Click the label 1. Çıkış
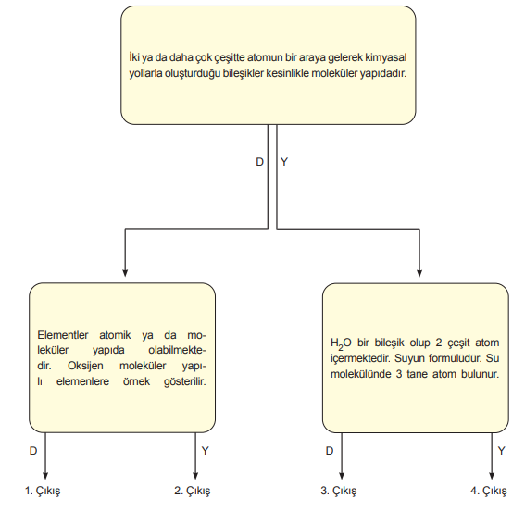coord(43,491)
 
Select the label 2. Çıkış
coord(193,491)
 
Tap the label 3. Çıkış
coord(339,491)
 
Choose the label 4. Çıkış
coord(489,491)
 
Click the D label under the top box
coord(260,162)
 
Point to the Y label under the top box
coord(284,162)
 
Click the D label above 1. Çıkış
coord(33,451)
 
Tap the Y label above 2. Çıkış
coord(205,451)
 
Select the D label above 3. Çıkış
coord(330,451)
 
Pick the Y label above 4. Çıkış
coord(501,451)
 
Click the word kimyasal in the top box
coord(385,57)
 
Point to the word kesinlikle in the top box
coord(287,73)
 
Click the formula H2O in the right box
coord(341,343)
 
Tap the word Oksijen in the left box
coord(85,366)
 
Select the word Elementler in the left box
coord(63,335)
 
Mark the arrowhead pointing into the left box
coord(125,273)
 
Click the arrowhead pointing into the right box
coord(419,273)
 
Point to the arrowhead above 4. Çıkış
coord(492,476)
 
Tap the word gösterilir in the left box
coord(185,381)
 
